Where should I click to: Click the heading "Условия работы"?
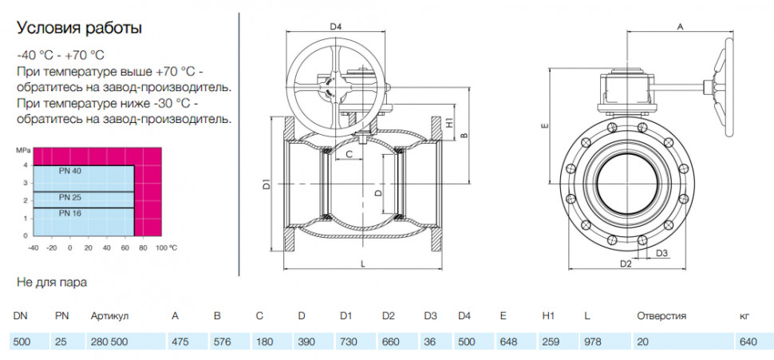(80, 28)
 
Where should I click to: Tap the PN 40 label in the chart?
(69, 171)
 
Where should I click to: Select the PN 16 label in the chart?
(69, 213)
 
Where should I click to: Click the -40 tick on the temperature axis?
(33, 247)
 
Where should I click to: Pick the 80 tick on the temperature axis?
(143, 247)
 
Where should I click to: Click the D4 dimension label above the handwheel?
(336, 26)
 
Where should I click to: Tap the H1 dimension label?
(449, 122)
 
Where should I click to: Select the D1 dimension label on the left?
(267, 185)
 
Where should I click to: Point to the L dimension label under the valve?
(362, 264)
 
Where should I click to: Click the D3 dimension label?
(662, 253)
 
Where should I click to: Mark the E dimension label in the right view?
(545, 126)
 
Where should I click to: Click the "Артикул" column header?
(109, 316)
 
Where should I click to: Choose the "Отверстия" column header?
(661, 316)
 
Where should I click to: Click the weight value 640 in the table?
(748, 342)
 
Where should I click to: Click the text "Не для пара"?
(52, 283)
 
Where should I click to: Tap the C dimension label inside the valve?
(349, 154)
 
